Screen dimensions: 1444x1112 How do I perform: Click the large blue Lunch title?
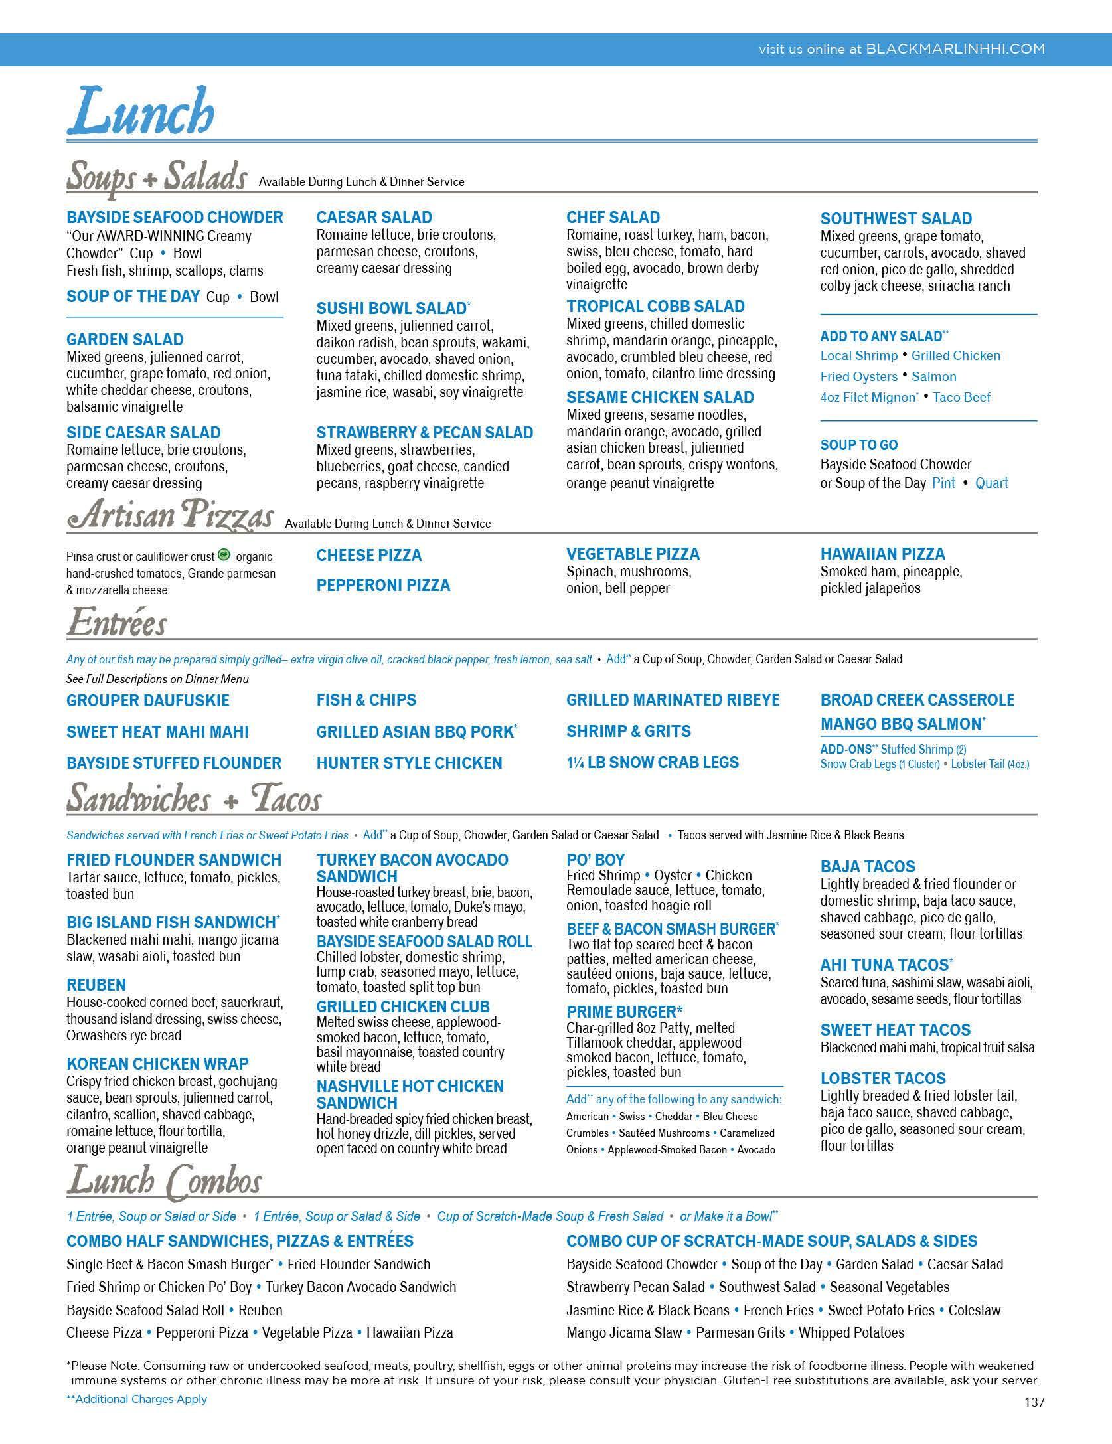pos(140,111)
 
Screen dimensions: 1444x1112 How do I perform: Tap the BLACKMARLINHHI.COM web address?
pos(955,49)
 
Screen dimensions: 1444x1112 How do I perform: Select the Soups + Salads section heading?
pos(157,177)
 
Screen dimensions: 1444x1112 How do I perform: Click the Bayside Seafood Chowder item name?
pos(175,218)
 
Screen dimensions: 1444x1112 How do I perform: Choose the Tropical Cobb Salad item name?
pos(655,307)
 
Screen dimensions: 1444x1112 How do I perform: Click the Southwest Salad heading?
pos(896,219)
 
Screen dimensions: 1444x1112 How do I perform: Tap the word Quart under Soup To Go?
pos(991,483)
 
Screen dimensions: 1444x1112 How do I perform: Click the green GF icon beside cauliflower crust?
pos(224,555)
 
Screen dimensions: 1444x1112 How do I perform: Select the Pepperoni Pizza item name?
pos(383,586)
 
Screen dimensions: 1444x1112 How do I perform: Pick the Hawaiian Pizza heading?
pos(882,554)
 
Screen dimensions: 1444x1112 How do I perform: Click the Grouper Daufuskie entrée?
pos(148,701)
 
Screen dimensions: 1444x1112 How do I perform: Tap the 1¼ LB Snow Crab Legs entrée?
pos(652,763)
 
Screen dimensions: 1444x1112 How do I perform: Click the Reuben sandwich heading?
pos(96,985)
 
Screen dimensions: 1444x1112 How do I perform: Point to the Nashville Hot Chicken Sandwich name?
pos(410,1095)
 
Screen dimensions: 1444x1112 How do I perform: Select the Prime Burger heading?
pos(624,1012)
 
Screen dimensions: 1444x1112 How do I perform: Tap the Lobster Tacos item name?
pos(883,1079)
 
